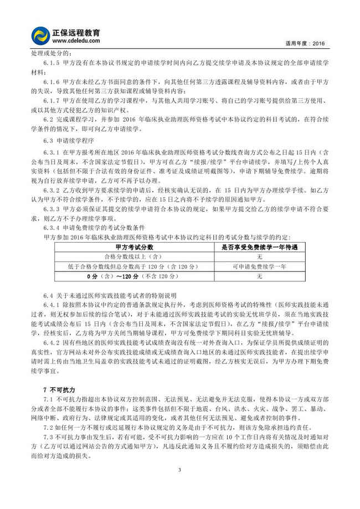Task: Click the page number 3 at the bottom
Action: (x=179, y=470)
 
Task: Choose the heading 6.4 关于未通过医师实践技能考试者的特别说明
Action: (x=111, y=294)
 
